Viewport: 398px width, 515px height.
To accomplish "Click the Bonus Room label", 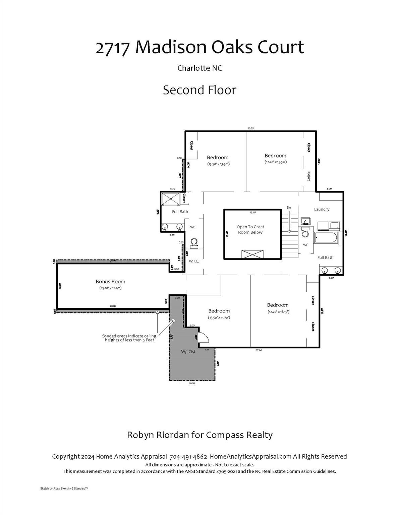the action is coord(110,282).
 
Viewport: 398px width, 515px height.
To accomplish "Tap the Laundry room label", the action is coord(322,209).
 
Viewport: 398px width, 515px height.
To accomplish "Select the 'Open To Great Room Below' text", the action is coord(250,230).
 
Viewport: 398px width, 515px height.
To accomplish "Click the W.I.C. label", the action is coord(194,261).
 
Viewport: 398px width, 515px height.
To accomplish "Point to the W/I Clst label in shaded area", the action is coord(188,351).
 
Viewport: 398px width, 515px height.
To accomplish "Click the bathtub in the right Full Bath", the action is coord(326,239).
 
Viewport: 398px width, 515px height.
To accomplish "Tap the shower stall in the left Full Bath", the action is coord(171,199).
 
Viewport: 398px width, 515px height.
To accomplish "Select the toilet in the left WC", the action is coord(194,242).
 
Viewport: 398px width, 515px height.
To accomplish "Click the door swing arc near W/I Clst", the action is coord(204,337).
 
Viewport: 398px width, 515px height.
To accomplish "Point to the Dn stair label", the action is coord(289,208).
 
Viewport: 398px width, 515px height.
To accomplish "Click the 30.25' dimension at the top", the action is coord(250,128).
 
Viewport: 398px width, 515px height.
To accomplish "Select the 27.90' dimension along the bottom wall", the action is coord(259,350).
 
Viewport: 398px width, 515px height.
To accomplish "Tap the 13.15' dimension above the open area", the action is coord(252,212).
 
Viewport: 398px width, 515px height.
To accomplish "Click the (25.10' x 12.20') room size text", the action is coord(110,288).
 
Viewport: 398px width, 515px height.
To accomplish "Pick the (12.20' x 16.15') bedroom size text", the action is coord(278,312).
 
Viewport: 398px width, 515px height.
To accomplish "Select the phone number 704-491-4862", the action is coord(188,456).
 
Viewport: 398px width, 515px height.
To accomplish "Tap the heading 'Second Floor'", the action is coord(200,90).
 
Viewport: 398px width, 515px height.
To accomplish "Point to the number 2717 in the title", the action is coord(112,47).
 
